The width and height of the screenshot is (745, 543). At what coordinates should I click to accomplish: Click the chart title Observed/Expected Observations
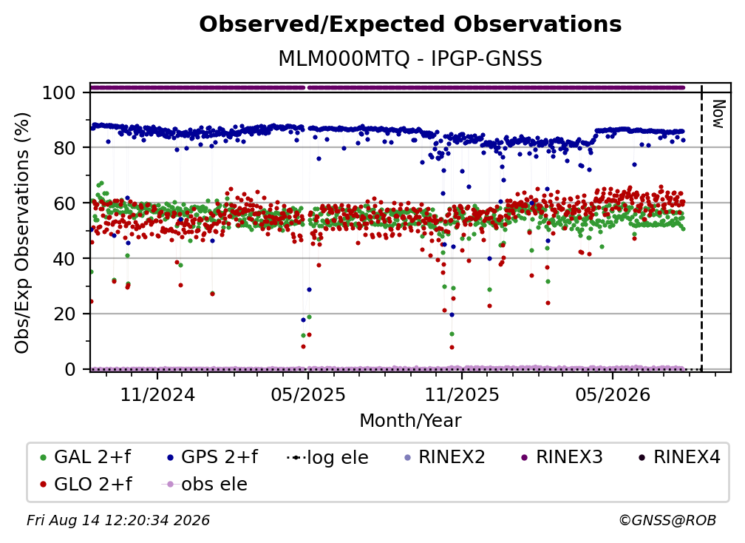tap(410, 24)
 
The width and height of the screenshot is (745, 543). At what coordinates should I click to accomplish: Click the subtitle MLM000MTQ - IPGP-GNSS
tap(410, 59)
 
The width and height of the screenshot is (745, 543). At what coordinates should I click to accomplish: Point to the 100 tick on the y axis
tap(59, 92)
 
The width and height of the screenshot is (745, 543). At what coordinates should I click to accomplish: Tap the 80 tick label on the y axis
tap(64, 148)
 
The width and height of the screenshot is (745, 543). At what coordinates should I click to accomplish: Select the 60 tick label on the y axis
tap(64, 203)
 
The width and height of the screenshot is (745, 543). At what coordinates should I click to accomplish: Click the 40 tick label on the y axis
tap(64, 259)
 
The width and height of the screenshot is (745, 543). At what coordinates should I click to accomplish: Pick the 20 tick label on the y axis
tap(64, 314)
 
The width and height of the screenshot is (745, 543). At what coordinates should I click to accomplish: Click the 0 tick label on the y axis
tap(70, 369)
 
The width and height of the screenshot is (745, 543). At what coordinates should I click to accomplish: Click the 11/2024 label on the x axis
tap(157, 394)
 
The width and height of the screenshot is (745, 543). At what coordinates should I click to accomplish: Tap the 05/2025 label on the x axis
tap(308, 394)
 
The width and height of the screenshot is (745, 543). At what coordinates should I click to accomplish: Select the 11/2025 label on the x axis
tap(462, 394)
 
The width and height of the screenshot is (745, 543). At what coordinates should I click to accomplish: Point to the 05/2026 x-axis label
tap(613, 394)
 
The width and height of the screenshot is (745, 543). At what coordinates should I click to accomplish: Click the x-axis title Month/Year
tap(410, 420)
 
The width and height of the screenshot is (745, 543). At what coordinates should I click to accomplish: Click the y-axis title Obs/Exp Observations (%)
tap(22, 232)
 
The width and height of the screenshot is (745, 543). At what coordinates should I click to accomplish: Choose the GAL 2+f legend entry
tap(86, 457)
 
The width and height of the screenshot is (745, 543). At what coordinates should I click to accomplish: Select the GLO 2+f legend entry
tap(86, 484)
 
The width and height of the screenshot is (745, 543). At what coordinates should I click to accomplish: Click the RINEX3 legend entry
tap(562, 457)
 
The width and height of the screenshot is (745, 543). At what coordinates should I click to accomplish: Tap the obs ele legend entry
tap(204, 485)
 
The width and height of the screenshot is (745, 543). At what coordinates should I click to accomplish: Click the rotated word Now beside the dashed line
tap(718, 114)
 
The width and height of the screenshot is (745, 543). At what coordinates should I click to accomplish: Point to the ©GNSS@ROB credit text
tap(667, 520)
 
